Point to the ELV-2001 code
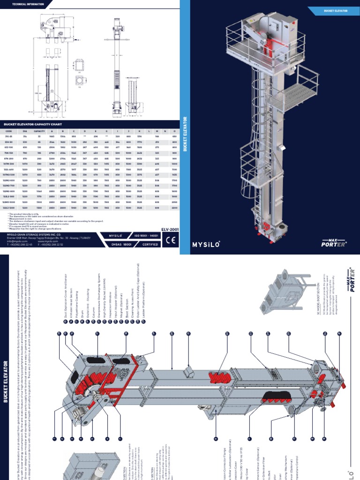point(169,230)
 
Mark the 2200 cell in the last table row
point(174,207)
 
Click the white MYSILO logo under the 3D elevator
point(206,244)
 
